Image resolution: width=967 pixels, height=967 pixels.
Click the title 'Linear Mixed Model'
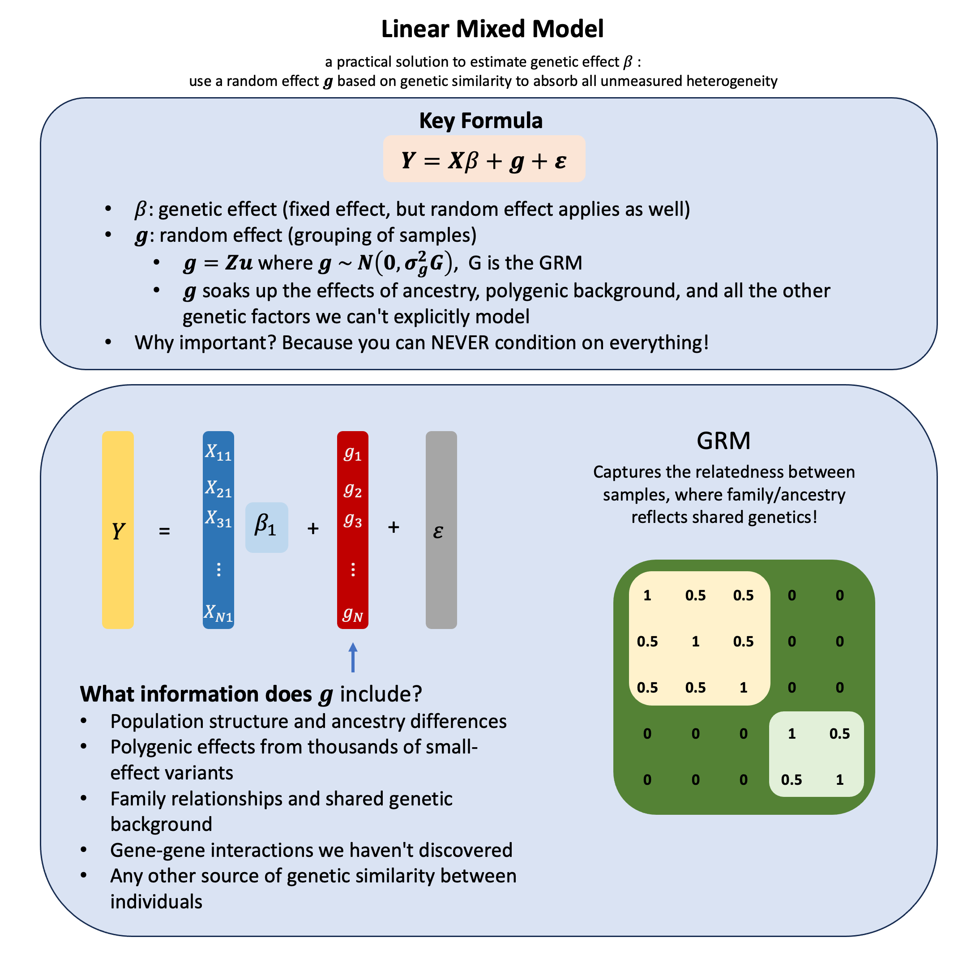[x=492, y=29]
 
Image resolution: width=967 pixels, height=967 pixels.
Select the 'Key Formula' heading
[x=480, y=120]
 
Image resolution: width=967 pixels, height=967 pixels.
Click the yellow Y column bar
[x=118, y=530]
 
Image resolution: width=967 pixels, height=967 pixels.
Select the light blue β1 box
[x=266, y=527]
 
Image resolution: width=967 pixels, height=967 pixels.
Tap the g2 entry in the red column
[x=352, y=489]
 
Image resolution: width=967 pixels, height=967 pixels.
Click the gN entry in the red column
[x=352, y=614]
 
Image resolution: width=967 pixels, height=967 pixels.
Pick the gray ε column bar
[x=441, y=530]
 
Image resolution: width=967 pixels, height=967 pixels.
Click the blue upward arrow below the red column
[x=353, y=657]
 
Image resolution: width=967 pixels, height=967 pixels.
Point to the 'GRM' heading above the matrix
[x=723, y=441]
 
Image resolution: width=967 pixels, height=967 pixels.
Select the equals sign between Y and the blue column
[x=164, y=531]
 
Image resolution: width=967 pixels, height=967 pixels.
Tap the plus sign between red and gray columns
[x=394, y=527]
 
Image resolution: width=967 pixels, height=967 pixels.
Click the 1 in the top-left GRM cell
[x=647, y=595]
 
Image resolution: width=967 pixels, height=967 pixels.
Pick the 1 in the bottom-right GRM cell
[x=839, y=779]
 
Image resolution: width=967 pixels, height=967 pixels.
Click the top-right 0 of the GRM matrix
[x=839, y=595]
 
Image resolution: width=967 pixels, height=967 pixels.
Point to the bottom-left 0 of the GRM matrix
[x=647, y=779]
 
